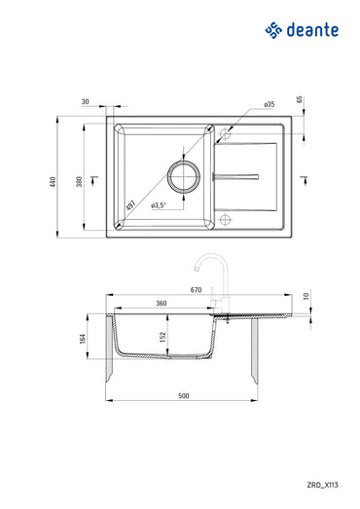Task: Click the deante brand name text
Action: point(313,31)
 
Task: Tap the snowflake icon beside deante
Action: point(273,31)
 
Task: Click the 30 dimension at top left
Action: point(86,101)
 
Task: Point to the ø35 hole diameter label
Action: point(269,103)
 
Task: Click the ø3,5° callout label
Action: point(160,204)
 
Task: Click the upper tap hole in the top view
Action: point(225,133)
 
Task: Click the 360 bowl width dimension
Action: point(162,304)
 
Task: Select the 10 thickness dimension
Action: point(306,296)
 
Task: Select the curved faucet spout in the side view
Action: point(203,258)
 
